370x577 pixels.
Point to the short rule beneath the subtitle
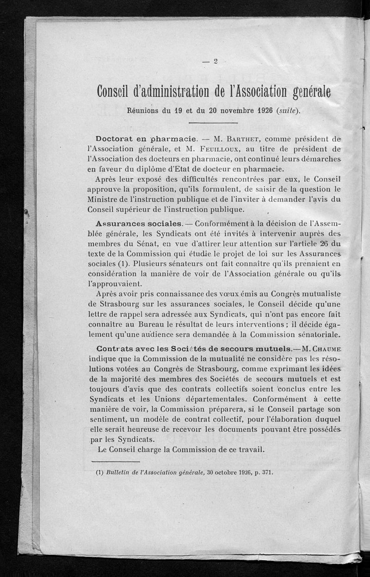coord(213,123)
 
